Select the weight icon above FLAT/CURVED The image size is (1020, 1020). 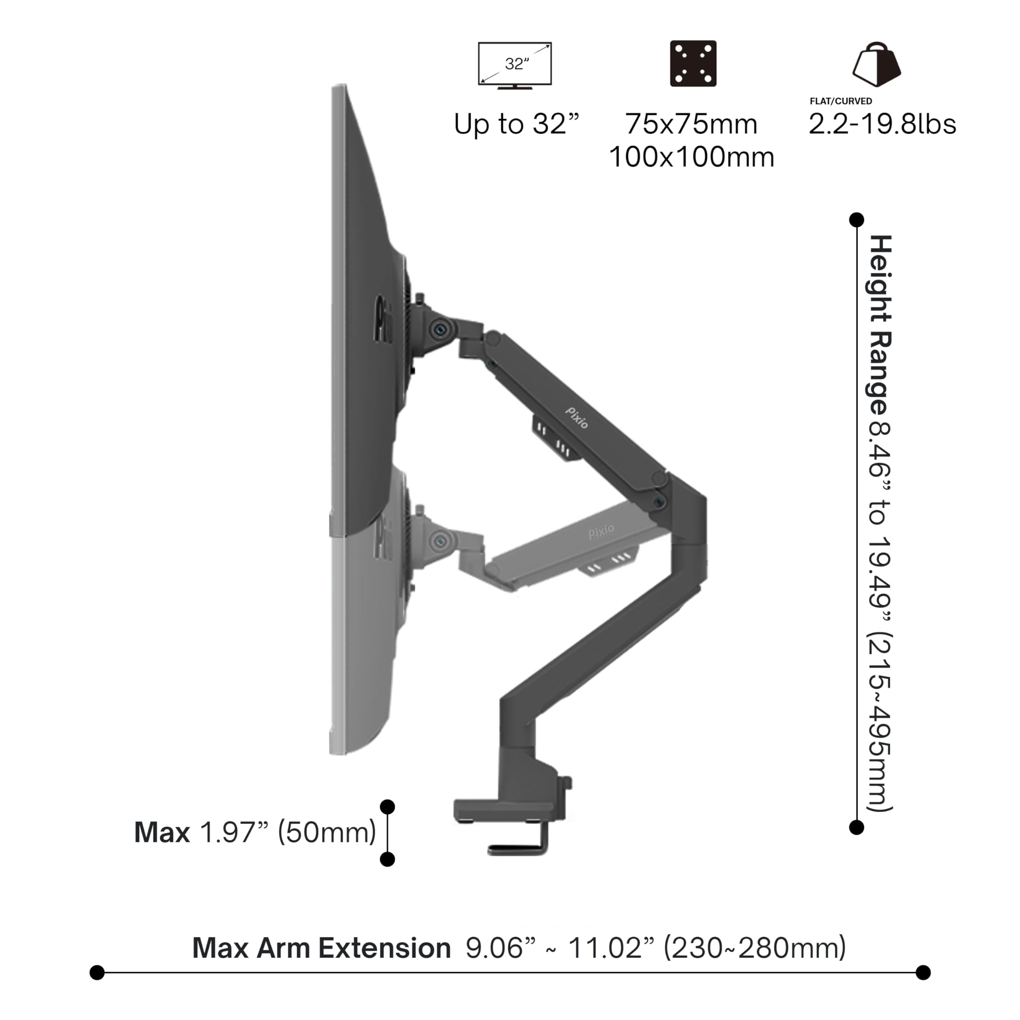tap(877, 65)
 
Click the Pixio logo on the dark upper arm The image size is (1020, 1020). tap(577, 418)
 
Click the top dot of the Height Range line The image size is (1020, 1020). tap(856, 220)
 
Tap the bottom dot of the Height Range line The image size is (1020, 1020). tap(856, 827)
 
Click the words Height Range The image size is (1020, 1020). tap(880, 325)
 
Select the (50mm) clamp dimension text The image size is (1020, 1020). tap(327, 833)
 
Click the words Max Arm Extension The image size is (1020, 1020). tap(321, 947)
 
